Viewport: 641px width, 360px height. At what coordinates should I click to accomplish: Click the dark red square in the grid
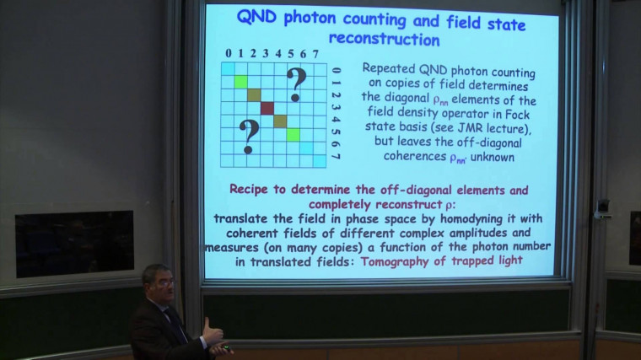(x=267, y=108)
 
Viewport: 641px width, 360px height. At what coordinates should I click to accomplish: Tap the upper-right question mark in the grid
(x=295, y=83)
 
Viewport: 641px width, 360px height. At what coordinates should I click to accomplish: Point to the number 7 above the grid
(x=316, y=54)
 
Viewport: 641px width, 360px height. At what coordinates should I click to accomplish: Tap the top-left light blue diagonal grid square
(x=229, y=68)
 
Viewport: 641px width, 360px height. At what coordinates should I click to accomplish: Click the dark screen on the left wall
(x=74, y=243)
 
